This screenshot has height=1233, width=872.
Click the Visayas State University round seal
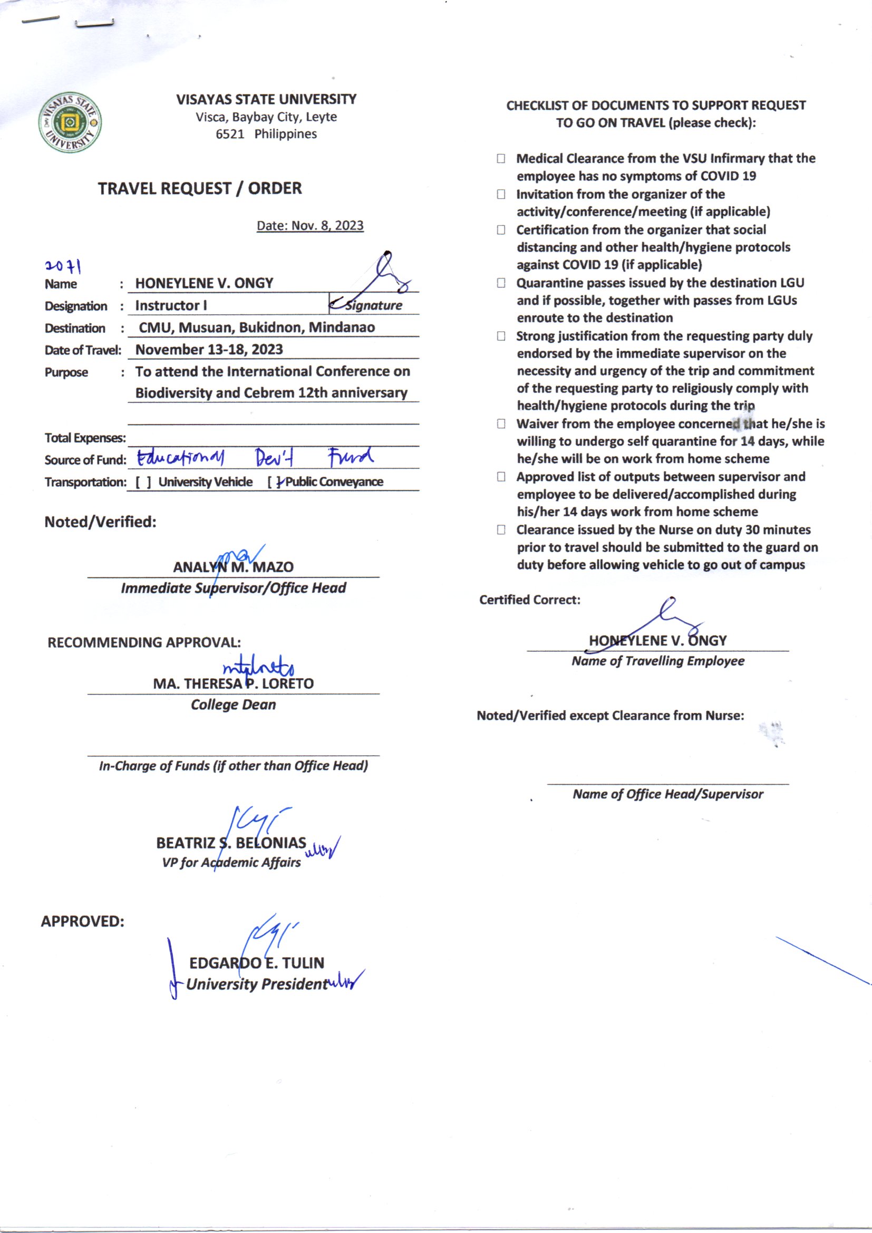point(70,123)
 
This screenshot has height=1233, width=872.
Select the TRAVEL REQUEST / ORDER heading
point(200,188)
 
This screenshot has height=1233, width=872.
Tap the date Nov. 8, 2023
point(310,226)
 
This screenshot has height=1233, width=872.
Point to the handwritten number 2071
point(63,266)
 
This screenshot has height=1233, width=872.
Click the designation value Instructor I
point(171,305)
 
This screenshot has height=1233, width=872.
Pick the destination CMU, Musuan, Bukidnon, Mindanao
point(257,327)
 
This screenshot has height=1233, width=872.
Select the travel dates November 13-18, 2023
point(209,350)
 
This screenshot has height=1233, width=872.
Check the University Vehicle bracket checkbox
point(143,482)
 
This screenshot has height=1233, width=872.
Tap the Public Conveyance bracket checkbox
point(275,482)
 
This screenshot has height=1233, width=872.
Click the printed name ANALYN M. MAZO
point(233,567)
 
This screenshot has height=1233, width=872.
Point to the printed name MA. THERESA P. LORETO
point(233,683)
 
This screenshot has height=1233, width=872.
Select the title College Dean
point(233,705)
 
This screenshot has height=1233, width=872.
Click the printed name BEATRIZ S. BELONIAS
point(231,843)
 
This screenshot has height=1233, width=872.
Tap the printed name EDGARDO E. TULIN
point(257,963)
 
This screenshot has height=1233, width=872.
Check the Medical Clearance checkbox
point(501,158)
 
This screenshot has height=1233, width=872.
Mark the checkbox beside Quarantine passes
point(501,283)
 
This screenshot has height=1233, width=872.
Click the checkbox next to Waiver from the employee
point(501,423)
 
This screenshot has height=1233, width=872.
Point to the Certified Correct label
point(529,600)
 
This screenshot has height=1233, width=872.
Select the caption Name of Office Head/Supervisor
point(667,794)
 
